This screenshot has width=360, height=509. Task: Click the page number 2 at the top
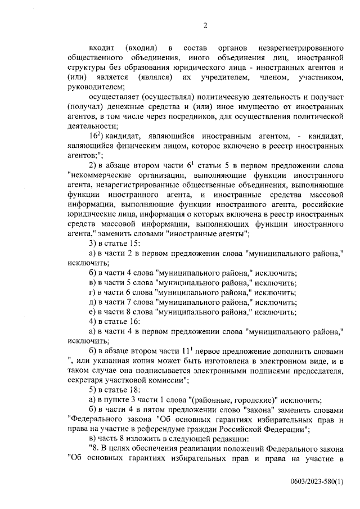tap(205, 25)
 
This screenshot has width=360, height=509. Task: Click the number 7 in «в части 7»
tap(129, 302)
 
